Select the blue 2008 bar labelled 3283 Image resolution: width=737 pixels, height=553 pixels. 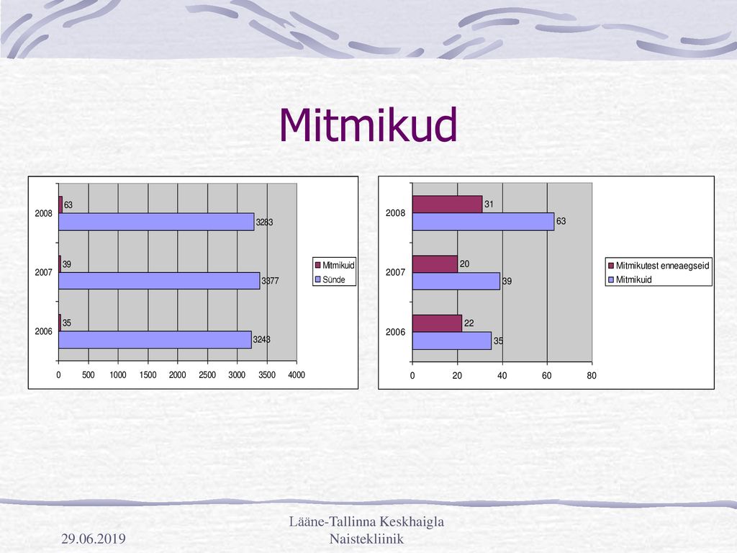coord(156,222)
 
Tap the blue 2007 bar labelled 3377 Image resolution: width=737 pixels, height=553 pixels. coord(159,281)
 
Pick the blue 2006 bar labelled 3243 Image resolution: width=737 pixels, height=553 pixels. coord(155,340)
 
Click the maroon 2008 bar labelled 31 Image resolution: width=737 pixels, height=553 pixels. coord(448,204)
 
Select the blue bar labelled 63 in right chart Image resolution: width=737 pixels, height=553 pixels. coord(483,222)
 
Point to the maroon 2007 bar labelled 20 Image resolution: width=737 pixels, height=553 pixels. coord(435,264)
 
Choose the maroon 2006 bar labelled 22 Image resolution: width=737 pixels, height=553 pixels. coord(437,323)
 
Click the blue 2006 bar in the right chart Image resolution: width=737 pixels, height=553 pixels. coord(452,341)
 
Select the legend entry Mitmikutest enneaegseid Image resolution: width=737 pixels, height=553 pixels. coord(659,265)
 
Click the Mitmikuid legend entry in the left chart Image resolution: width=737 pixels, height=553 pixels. coord(335,265)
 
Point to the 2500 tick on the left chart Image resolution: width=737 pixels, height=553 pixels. coord(207,374)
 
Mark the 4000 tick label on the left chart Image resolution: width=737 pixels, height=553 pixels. coord(297,374)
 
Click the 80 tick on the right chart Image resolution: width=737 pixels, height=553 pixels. coord(592,375)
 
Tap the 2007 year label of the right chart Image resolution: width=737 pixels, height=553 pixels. coord(395,272)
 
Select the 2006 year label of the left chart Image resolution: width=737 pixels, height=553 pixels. coord(44,331)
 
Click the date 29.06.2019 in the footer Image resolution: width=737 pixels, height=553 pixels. coord(94,539)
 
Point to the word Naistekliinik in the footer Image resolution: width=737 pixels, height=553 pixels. coord(366,539)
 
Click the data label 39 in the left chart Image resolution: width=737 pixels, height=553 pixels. coord(67,264)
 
